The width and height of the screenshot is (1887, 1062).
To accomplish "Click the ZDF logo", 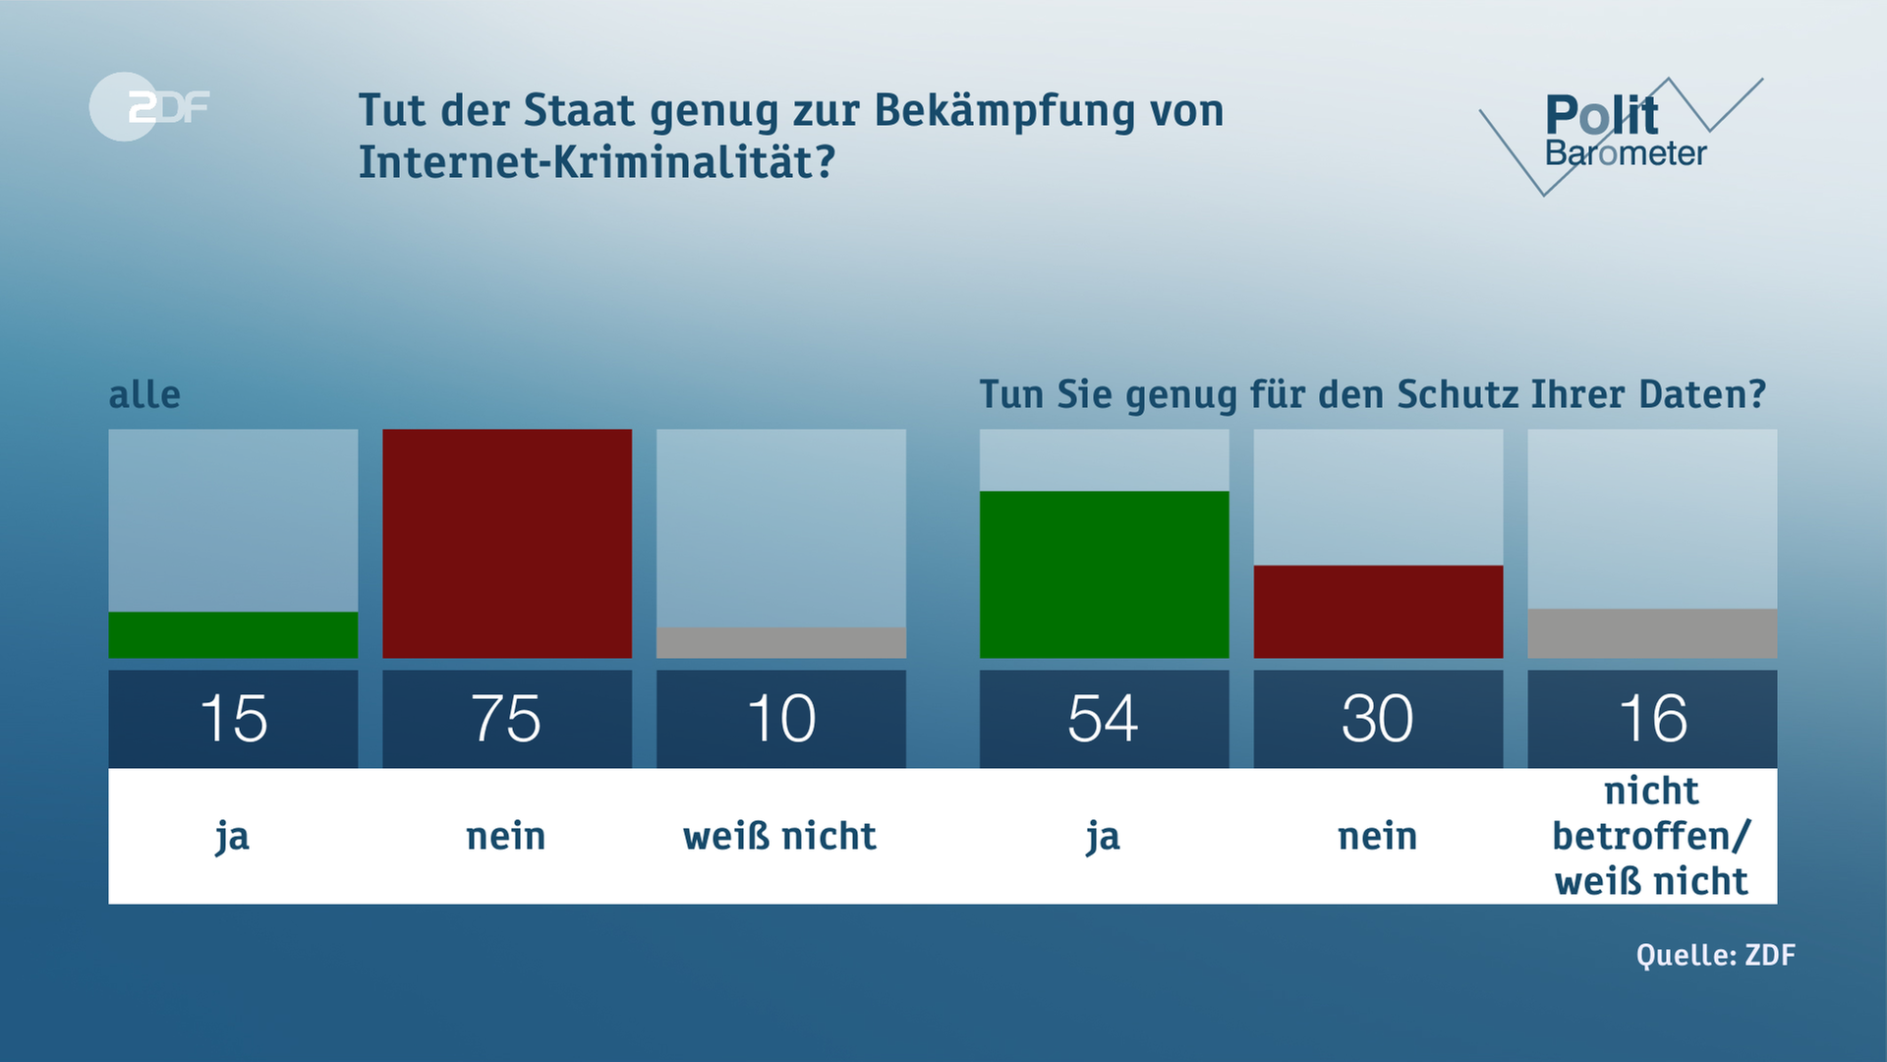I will (x=149, y=106).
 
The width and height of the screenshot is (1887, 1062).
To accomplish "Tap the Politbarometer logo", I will (x=1623, y=134).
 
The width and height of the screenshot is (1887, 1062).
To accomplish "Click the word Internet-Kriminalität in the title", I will (x=596, y=162).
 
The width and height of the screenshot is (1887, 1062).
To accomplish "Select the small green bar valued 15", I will (x=233, y=635).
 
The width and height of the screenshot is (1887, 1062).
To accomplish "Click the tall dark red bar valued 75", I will (x=506, y=543).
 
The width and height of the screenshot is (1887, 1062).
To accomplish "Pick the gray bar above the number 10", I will (x=780, y=643).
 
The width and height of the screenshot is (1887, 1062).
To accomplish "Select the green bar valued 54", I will (x=1104, y=574).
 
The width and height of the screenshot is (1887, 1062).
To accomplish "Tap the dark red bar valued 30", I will (x=1378, y=612).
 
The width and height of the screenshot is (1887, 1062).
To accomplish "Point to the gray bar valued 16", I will (x=1651, y=633).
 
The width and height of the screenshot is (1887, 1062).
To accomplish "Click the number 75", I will (x=506, y=719).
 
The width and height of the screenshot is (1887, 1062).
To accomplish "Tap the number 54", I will (x=1104, y=719).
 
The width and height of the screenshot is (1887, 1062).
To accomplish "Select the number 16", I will (x=1651, y=719).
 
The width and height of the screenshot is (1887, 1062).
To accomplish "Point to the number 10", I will (x=780, y=719).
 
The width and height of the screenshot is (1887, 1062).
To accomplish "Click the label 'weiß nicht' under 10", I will (x=779, y=836).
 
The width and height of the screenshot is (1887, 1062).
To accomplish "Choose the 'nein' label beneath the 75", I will (x=506, y=837).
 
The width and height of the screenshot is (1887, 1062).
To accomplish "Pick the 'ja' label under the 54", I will (x=1103, y=838).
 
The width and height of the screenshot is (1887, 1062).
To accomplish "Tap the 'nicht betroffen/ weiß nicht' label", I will (x=1651, y=836).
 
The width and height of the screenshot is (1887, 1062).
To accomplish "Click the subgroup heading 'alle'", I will (x=144, y=394).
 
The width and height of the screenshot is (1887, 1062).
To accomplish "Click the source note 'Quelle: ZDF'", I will (x=1715, y=955).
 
